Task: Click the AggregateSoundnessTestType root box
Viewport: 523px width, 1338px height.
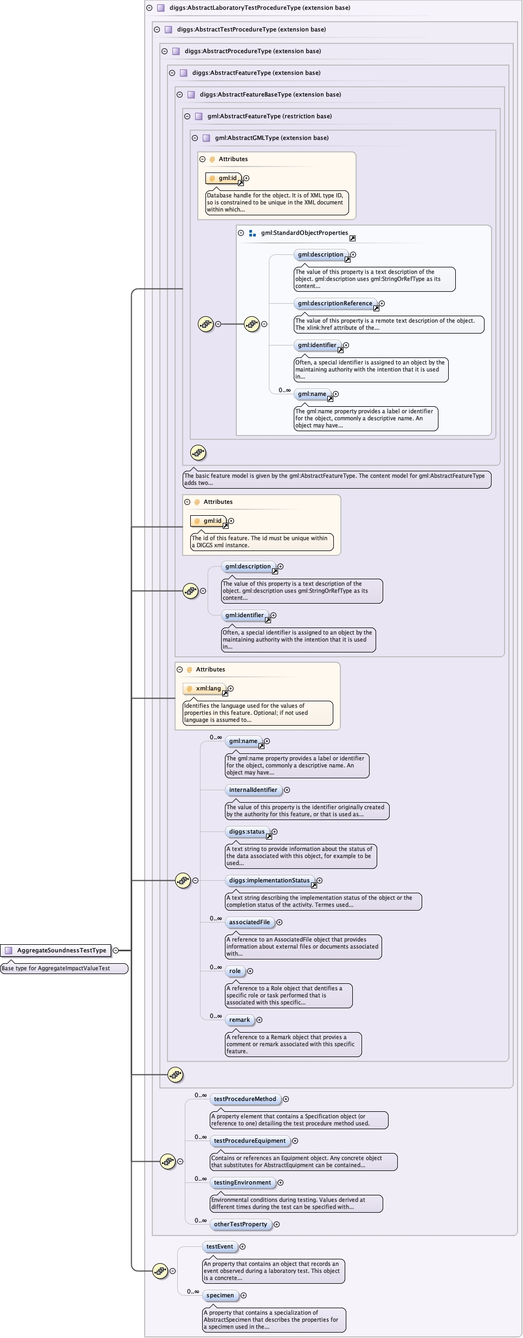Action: tap(56, 950)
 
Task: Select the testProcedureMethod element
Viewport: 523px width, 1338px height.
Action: tap(245, 1099)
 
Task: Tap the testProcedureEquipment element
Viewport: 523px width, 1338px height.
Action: tap(249, 1141)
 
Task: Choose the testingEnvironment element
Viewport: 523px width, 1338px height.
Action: tap(242, 1182)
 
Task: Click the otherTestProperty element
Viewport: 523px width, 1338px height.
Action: tap(240, 1224)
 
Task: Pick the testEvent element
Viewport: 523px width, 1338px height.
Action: tap(219, 1246)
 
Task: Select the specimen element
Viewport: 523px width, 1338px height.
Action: tap(220, 1295)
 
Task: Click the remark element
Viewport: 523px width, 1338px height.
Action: tap(240, 1020)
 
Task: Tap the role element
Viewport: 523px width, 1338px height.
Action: tap(235, 971)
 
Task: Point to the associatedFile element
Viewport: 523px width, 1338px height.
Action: tap(249, 922)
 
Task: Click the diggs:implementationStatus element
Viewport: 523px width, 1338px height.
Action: tap(269, 880)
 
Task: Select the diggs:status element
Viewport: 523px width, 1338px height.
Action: tap(247, 831)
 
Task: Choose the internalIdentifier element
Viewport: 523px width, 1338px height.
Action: tap(253, 790)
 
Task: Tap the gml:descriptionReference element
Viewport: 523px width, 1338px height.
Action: tap(335, 304)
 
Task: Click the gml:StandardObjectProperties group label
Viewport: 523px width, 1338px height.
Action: tap(305, 233)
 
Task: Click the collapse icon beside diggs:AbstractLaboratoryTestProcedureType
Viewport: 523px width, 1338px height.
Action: tap(149, 8)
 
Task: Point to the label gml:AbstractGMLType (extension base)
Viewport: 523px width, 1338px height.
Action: tap(272, 138)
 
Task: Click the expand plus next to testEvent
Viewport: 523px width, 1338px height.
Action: tap(243, 1246)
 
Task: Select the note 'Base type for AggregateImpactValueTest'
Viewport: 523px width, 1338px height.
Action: tap(64, 968)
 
